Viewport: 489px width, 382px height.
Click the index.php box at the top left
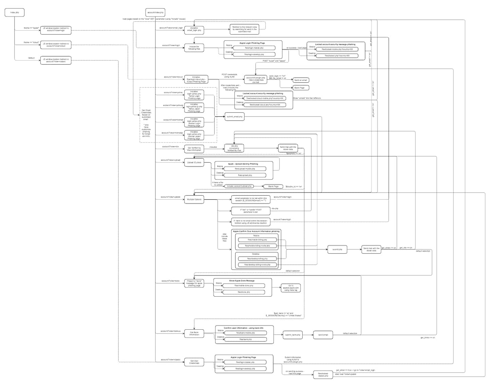(15, 13)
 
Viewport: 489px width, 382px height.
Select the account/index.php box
(156, 13)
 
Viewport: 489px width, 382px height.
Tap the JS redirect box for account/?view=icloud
(56, 45)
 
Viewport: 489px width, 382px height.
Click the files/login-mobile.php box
(254, 48)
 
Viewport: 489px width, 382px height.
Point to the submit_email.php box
(234, 117)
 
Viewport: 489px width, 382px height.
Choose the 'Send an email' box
(300, 80)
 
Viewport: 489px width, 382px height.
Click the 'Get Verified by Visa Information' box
(194, 149)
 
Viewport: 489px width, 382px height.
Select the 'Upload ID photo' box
(194, 163)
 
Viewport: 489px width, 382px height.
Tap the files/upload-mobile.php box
(244, 169)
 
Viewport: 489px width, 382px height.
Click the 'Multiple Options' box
(194, 199)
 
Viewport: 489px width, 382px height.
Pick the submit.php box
(337, 249)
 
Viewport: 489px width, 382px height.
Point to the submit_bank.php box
(292, 335)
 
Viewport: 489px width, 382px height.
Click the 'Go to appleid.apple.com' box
(291, 288)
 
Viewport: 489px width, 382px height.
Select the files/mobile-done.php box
(244, 286)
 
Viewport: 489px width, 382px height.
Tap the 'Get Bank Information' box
(194, 333)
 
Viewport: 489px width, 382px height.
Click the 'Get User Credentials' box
(194, 362)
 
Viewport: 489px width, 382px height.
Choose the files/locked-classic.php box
(323, 375)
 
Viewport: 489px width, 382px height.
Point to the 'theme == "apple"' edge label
(31, 28)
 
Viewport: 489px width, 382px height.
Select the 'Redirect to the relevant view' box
(244, 29)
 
